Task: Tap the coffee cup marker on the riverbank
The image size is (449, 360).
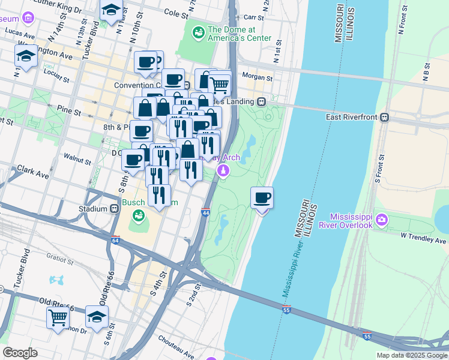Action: [262, 198]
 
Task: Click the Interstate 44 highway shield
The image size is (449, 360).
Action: [206, 213]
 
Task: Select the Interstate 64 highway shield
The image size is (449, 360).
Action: [115, 240]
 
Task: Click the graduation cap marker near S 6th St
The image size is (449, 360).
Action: [97, 317]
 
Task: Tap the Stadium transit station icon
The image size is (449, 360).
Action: [113, 209]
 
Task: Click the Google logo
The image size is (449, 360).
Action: [20, 353]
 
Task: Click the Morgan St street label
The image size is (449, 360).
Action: [257, 77]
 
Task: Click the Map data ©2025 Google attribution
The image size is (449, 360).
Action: [412, 355]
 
